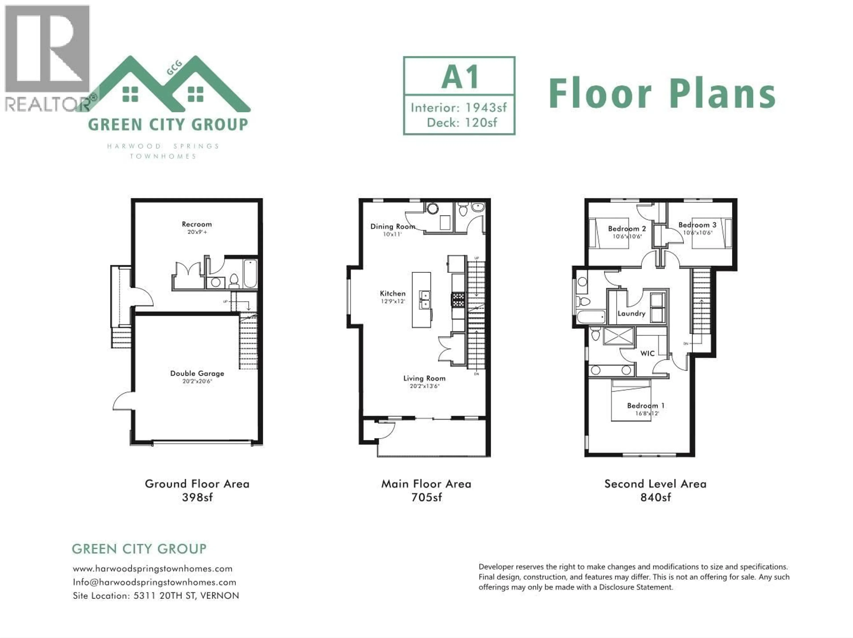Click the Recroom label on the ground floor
coord(197,224)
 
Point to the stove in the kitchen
coord(458,299)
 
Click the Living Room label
coord(424,378)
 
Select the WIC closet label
coord(647,353)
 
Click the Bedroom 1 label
coord(646,405)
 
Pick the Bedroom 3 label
coord(697,225)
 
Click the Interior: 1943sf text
coord(458,108)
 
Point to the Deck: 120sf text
coord(462,123)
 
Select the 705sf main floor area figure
coord(426,497)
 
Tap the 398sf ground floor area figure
coord(197,497)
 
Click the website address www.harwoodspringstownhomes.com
coord(153,569)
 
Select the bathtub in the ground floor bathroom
coord(250,274)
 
